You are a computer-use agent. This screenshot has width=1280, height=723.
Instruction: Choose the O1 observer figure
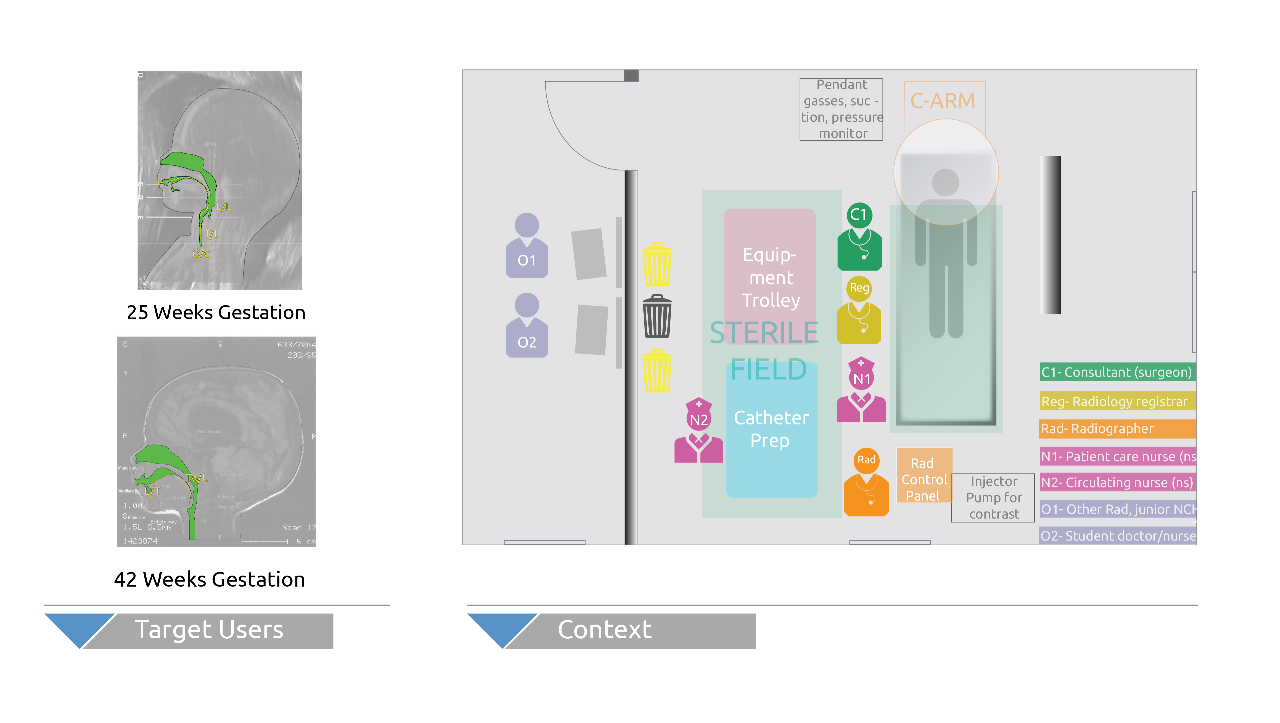tap(527, 246)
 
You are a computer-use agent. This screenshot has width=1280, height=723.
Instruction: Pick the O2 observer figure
tap(527, 326)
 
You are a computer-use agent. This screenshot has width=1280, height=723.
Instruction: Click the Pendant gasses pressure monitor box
tap(841, 109)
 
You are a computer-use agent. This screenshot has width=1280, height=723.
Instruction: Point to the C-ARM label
tap(943, 101)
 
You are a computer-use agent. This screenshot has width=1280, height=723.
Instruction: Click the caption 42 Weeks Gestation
tap(209, 579)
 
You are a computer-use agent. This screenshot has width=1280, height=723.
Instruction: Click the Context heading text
tap(604, 630)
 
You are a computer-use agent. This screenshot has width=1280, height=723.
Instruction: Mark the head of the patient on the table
tap(945, 182)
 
